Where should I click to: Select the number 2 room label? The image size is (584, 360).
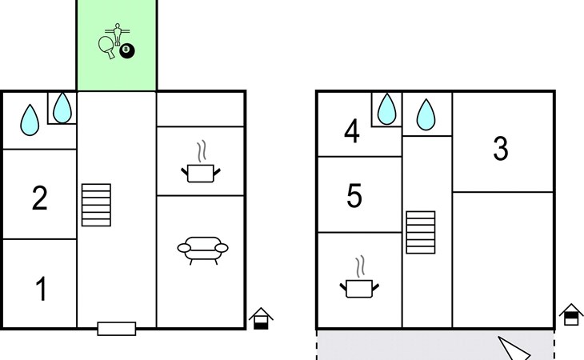(x=39, y=198)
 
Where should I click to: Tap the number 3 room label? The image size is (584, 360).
(x=501, y=149)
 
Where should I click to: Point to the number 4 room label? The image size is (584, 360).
(x=351, y=132)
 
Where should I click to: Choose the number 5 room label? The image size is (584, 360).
(x=355, y=196)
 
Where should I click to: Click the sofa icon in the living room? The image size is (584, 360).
(x=202, y=250)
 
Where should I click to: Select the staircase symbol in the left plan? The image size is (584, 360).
(x=96, y=205)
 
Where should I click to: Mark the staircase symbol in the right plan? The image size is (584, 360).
(x=421, y=231)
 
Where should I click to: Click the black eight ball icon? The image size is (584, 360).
(x=127, y=51)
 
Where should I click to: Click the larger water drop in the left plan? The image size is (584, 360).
(x=30, y=120)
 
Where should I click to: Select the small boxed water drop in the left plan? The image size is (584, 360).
(x=62, y=107)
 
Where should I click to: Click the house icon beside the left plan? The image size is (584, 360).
(x=261, y=318)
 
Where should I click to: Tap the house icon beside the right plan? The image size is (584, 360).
(x=570, y=314)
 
